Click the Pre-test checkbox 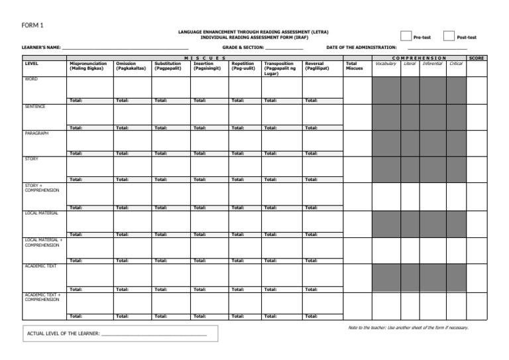pos(406,37)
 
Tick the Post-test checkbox pos(449,37)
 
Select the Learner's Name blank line pos(126,48)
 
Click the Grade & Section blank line pos(284,48)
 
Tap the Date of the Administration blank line pos(437,48)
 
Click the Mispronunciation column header pos(87,66)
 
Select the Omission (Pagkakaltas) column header pos(131,66)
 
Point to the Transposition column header pos(279,68)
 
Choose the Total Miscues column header pos(355,66)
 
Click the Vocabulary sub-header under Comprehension pos(386,64)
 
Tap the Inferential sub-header pos(432,64)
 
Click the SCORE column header pos(477,58)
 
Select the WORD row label pos(31,80)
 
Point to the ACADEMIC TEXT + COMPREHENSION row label pos(42,296)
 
